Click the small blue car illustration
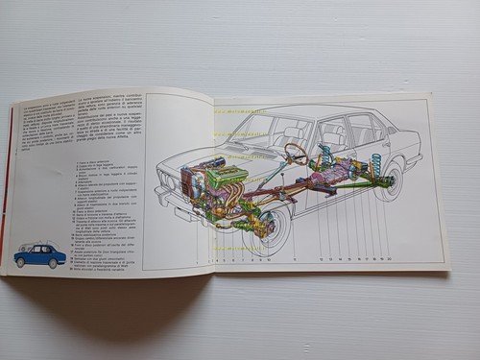point(39,254)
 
